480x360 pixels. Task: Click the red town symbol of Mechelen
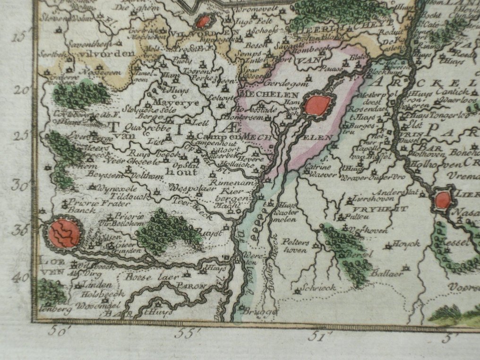(x=317, y=105)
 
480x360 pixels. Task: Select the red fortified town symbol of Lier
(x=443, y=200)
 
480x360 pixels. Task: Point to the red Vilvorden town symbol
(x=203, y=22)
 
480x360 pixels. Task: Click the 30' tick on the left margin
(x=20, y=185)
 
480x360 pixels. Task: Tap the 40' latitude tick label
(x=20, y=278)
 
